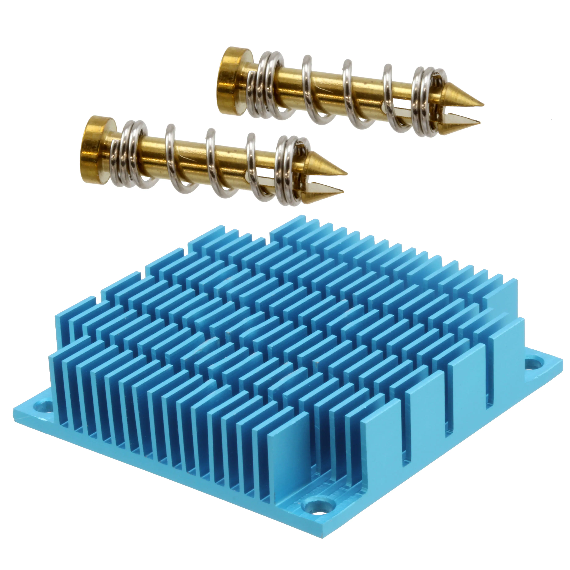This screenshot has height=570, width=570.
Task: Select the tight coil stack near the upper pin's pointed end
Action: click(x=425, y=102)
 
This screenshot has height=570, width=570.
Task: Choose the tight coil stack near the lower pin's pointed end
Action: click(x=288, y=171)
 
